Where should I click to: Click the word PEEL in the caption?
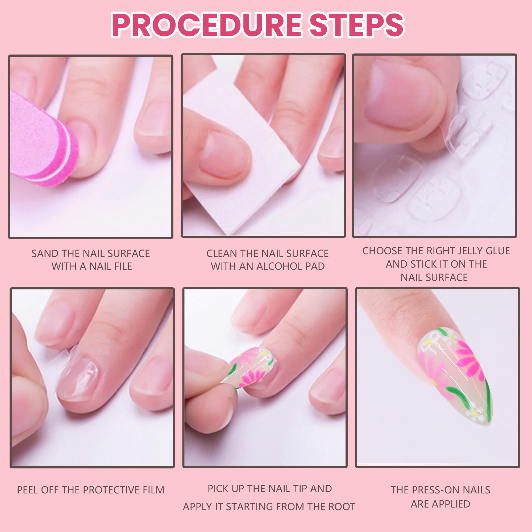(26, 490)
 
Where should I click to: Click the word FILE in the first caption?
(122, 266)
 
